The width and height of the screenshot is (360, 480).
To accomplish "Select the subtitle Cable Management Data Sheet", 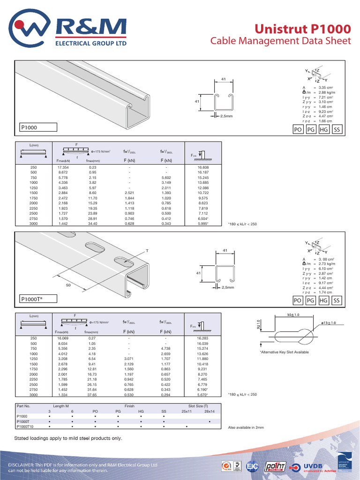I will [x=280, y=41].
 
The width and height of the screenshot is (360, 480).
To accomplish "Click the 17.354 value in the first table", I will [x=63, y=167].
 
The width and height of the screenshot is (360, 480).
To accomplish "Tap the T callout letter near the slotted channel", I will [x=146, y=251].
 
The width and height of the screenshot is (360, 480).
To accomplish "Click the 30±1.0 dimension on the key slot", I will [x=293, y=314].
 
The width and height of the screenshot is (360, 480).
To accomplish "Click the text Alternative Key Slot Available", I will [x=285, y=352].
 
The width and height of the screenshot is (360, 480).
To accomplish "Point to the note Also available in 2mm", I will [x=246, y=427].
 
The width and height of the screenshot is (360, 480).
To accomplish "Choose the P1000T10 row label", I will [x=25, y=427].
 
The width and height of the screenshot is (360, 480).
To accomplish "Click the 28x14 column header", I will [x=209, y=411].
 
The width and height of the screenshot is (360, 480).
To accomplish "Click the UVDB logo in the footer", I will [x=317, y=467].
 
